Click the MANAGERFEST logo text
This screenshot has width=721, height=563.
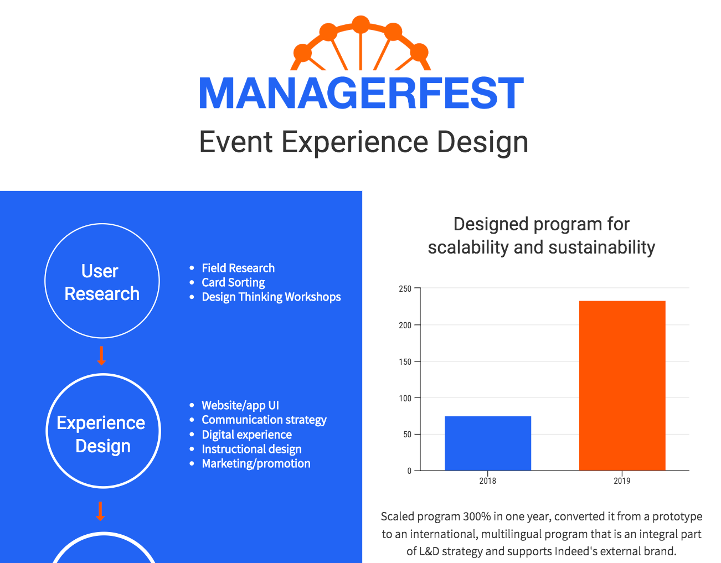click(x=361, y=93)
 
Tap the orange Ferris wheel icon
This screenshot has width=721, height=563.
click(x=360, y=44)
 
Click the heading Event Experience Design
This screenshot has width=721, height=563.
click(x=363, y=142)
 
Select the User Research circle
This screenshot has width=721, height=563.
click(x=102, y=281)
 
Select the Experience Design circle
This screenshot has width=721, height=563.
click(x=103, y=432)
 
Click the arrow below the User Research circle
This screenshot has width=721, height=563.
click(x=101, y=356)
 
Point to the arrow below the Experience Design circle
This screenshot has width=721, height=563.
click(x=100, y=511)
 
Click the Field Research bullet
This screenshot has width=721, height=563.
click(x=238, y=268)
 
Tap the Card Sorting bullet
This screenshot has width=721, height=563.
click(x=233, y=282)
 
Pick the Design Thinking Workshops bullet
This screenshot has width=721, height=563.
click(x=271, y=297)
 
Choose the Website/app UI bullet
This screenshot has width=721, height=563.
click(x=240, y=405)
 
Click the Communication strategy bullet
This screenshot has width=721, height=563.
click(x=264, y=420)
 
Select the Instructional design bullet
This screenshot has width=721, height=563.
click(x=251, y=449)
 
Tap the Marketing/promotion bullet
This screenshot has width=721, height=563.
click(x=256, y=463)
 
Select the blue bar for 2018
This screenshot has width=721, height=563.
click(x=488, y=443)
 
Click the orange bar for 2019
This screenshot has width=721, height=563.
click(x=622, y=386)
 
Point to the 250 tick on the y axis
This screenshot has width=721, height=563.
click(x=405, y=288)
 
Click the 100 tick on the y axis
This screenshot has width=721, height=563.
click(x=405, y=398)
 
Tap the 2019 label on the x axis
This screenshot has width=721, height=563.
click(x=622, y=481)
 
